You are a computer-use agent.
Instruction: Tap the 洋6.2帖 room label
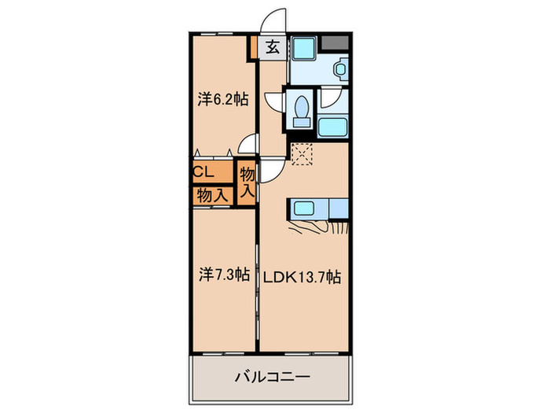pos(223,99)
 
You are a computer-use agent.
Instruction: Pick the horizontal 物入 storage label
pos(212,194)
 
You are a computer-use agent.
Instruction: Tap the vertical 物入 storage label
pos(247,182)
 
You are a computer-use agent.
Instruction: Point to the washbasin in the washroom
pos(340,69)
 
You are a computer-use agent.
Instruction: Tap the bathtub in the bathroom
pos(332,126)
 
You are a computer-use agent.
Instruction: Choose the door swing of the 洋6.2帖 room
pos(248,143)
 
